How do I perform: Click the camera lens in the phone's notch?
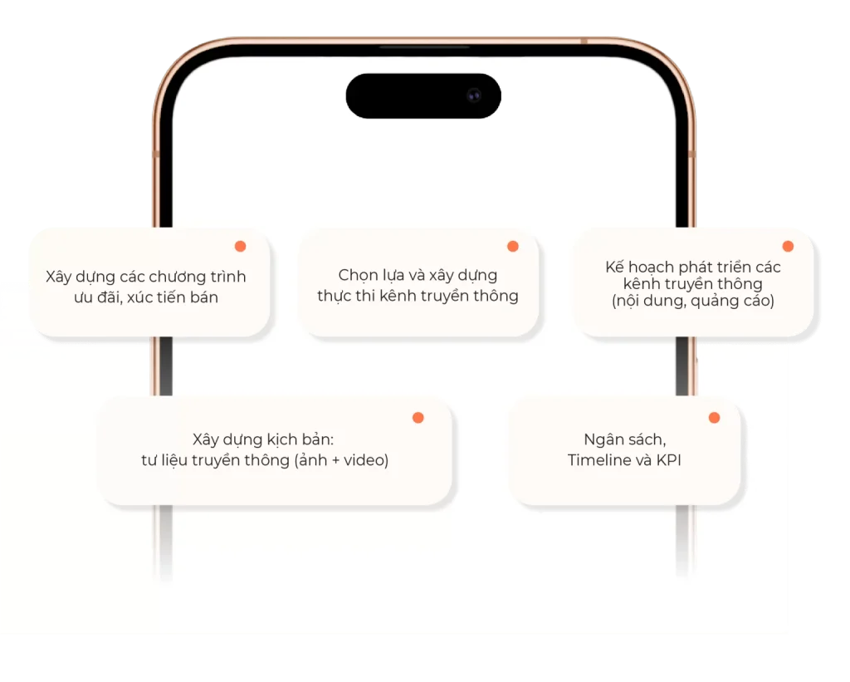[x=474, y=96]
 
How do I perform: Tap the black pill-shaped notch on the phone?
[x=423, y=96]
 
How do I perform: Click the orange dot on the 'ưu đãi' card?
[x=240, y=247]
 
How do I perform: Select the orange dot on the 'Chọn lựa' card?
[x=513, y=247]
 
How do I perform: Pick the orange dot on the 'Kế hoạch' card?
[x=789, y=247]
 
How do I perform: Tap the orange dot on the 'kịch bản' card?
[x=418, y=417]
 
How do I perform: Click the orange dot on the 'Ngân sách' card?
[x=715, y=417]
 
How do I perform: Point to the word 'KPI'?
[x=669, y=460]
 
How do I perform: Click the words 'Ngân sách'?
[x=624, y=439]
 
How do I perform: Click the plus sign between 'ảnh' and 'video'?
[x=335, y=461]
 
